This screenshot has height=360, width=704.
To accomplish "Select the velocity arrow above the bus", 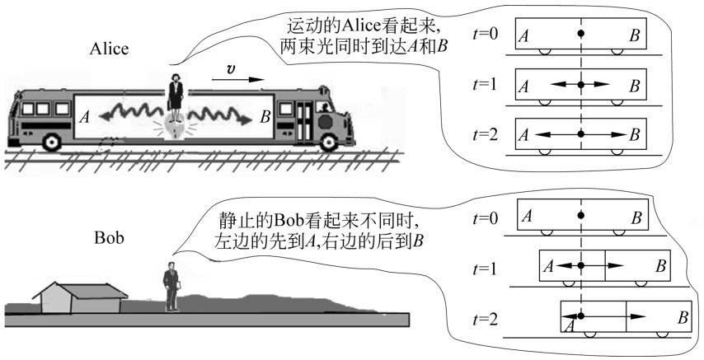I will [239, 81].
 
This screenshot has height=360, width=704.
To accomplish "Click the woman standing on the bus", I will [176, 94].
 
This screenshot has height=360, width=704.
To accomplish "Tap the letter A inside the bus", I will [83, 118].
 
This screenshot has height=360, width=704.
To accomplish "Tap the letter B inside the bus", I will [265, 118].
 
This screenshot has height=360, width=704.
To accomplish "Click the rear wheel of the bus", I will [52, 141].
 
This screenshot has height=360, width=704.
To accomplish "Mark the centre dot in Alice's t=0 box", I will [581, 34].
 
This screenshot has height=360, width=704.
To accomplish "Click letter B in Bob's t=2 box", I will [682, 317].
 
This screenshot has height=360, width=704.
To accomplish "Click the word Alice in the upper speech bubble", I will [359, 25].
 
